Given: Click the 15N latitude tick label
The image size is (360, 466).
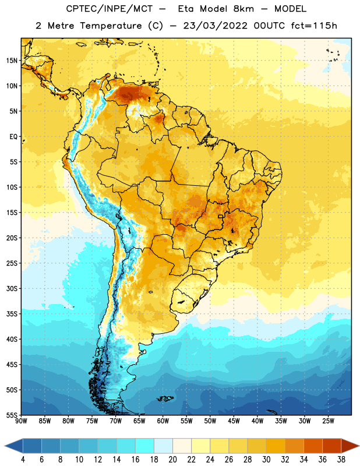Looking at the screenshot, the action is click(12, 61).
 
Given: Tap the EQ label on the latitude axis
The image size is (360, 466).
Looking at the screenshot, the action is click(13, 137).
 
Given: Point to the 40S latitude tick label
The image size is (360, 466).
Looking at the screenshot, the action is click(12, 339).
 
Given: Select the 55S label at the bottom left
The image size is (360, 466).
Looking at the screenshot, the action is click(12, 415).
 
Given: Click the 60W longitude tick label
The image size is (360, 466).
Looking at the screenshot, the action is click(163, 421).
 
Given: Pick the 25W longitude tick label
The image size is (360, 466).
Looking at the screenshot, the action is click(329, 421).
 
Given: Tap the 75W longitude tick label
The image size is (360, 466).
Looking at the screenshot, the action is click(92, 421).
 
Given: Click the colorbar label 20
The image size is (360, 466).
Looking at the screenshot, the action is click(172, 460).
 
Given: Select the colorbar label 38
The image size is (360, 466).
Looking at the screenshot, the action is click(341, 460).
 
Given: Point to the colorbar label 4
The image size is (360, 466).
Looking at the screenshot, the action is click(23, 460).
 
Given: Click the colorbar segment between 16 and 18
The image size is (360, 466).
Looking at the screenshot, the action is click(145, 446).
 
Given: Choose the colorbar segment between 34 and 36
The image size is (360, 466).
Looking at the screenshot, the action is click(313, 446).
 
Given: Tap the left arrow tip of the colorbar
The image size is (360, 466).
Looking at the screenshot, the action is click(5, 446).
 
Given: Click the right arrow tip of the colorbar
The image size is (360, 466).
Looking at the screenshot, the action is click(359, 446).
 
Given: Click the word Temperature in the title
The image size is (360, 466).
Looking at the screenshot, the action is click(111, 26).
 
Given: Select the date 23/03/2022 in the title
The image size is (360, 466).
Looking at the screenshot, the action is click(215, 26).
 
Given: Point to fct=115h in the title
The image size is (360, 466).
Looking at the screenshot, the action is click(314, 26).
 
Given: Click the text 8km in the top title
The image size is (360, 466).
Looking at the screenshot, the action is click(243, 9).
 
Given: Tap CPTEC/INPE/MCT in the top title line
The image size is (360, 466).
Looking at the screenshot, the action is click(110, 9).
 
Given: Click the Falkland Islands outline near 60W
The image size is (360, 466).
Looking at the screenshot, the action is click(165, 398).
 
